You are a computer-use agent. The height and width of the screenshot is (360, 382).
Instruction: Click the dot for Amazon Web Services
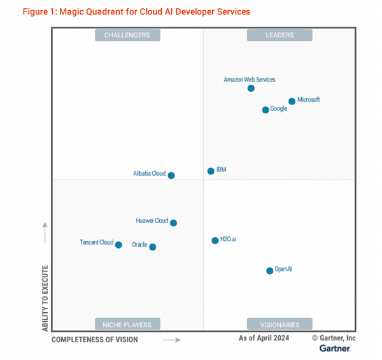tap(251, 88)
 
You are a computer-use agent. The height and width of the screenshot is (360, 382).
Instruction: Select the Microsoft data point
tap(292, 101)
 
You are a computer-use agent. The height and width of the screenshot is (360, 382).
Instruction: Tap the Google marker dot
tap(265, 110)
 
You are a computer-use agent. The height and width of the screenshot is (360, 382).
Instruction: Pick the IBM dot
tap(211, 171)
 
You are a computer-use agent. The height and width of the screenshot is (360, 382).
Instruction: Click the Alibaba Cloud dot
tap(171, 175)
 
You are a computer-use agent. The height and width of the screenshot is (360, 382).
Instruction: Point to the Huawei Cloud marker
tap(173, 223)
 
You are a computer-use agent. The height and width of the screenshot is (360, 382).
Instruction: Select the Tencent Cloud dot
tap(118, 245)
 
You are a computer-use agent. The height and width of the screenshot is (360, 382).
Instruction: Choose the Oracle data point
tap(153, 247)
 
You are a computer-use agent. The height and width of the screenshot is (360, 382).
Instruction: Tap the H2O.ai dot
tap(215, 240)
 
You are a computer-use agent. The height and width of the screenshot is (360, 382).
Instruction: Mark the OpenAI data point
tap(270, 271)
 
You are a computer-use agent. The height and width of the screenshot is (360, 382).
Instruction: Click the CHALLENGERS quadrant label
tap(127, 35)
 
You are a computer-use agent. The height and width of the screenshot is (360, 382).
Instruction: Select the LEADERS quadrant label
tap(279, 35)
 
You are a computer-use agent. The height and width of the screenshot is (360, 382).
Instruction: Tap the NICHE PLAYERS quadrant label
tap(127, 324)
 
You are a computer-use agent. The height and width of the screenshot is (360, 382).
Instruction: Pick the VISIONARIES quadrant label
tap(279, 324)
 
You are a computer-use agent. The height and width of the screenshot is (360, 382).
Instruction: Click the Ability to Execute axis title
tap(45, 297)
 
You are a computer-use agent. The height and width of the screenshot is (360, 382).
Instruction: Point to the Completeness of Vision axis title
tap(94, 340)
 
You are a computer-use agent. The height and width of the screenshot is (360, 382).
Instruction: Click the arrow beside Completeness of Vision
tap(171, 340)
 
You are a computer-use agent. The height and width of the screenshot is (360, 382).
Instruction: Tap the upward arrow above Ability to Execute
tap(45, 233)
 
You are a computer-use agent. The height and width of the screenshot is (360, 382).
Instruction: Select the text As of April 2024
tap(264, 338)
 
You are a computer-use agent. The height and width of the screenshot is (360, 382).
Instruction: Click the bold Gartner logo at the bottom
tap(334, 349)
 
